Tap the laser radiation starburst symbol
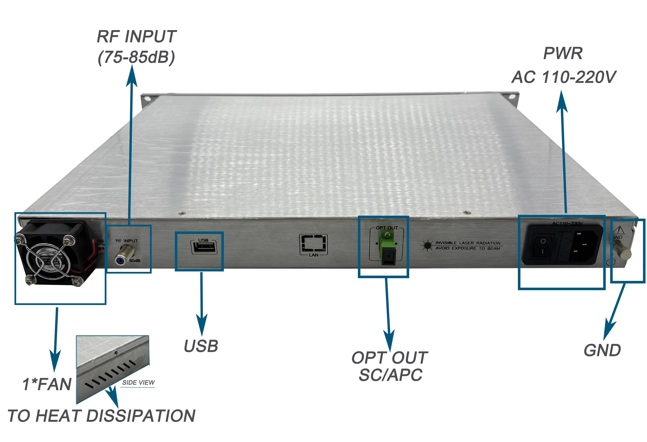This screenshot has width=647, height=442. click(426, 245)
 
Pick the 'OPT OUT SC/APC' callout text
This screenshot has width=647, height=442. click(390, 366)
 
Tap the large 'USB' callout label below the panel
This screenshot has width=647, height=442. click(201, 346)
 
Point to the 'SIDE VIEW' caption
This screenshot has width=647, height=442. click(138, 382)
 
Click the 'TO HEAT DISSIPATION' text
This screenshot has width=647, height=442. click(102, 416)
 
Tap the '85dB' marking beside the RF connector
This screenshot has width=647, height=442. click(135, 260)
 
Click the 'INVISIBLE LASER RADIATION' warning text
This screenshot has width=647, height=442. click(468, 243)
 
